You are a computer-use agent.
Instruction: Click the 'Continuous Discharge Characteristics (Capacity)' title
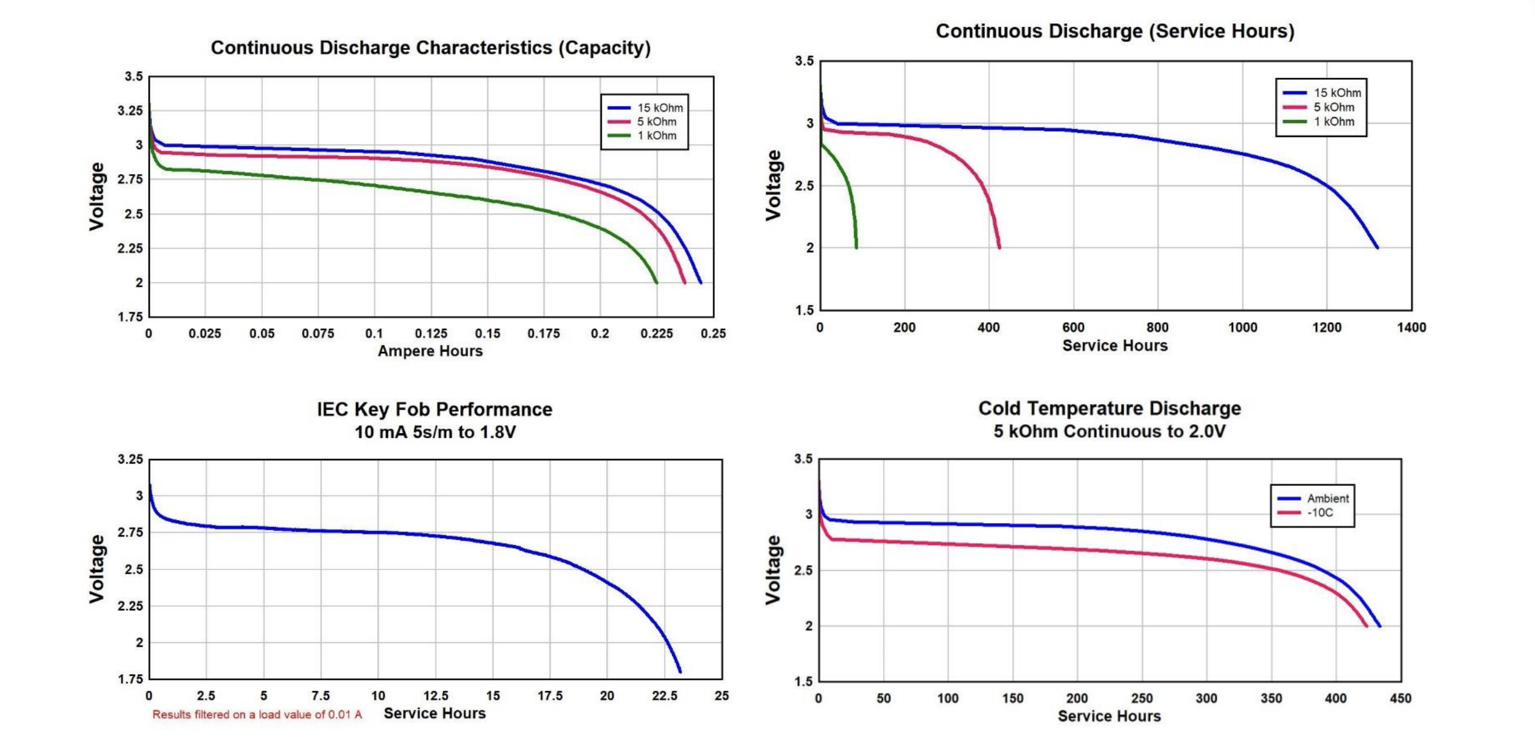click(430, 47)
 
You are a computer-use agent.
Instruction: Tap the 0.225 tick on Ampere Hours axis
click(657, 334)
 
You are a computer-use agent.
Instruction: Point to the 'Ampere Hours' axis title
click(430, 351)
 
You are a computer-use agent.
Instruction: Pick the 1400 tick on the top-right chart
click(1411, 328)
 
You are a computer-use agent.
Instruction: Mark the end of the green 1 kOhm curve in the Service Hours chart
click(856, 247)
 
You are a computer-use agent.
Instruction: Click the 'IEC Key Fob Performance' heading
click(434, 409)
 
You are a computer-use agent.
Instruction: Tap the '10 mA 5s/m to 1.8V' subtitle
click(435, 432)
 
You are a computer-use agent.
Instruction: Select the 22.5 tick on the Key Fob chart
click(664, 696)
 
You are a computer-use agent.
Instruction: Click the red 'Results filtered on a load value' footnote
click(257, 714)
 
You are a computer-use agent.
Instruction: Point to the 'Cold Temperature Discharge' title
click(1109, 408)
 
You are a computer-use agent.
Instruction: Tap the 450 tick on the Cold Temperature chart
click(1400, 698)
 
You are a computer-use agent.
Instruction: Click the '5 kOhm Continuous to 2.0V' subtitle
click(1109, 432)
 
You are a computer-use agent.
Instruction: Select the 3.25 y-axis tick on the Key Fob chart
click(130, 459)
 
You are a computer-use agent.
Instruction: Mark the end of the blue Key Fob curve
click(680, 672)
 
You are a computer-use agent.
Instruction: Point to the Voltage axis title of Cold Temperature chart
click(773, 570)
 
